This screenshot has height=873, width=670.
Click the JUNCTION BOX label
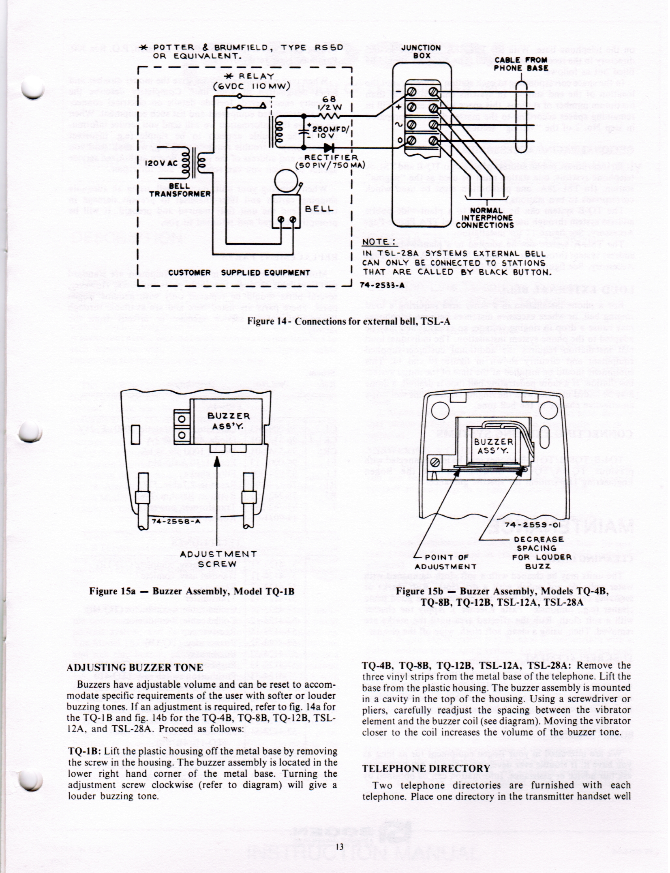coord(422,51)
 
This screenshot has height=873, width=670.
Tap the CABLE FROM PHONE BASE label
coord(520,64)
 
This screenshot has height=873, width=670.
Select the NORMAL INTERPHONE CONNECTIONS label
coord(485,218)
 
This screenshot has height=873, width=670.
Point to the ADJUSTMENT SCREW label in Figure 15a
coord(218,559)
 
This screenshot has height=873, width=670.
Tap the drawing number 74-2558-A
coord(176,521)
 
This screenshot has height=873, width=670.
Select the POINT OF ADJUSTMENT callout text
coord(445,562)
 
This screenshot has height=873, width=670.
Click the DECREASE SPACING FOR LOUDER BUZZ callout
coord(542,553)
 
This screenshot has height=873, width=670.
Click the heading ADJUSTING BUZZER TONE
coord(134,667)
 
